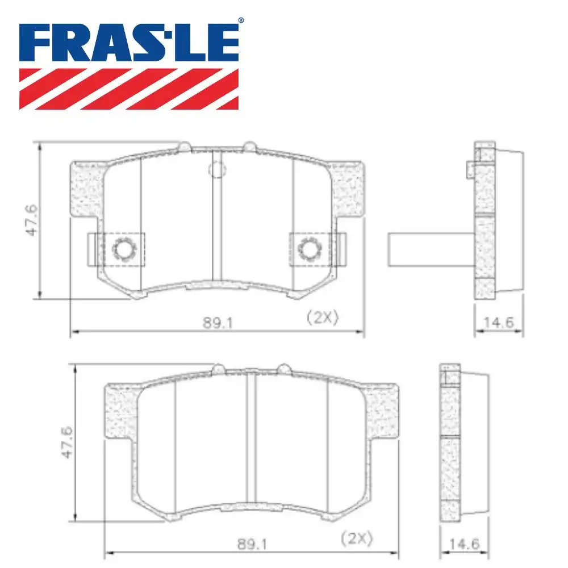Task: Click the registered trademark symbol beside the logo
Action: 240,21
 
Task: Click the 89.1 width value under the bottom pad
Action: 252,544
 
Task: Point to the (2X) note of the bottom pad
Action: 357,537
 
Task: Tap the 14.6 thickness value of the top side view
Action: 498,323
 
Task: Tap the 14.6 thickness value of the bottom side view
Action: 464,544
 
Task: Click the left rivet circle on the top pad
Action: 122,248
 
